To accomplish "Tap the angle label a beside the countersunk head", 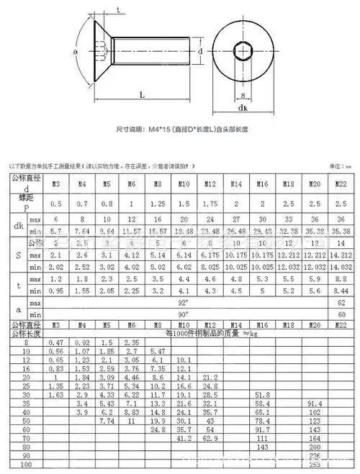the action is (76, 52).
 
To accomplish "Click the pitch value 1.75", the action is (211, 204).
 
